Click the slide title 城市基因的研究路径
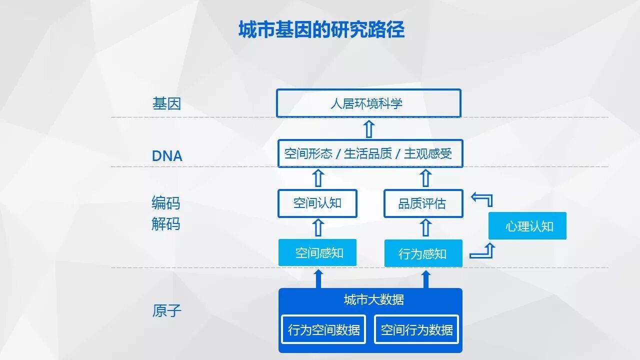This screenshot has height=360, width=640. pyautogui.click(x=321, y=30)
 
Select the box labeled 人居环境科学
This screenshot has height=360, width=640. pyautogui.click(x=368, y=103)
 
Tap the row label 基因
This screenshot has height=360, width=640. pyautogui.click(x=166, y=104)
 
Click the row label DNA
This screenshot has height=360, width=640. pyautogui.click(x=167, y=156)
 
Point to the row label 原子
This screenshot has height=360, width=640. pyautogui.click(x=166, y=311)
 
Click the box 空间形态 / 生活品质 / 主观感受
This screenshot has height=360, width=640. pyautogui.click(x=370, y=153)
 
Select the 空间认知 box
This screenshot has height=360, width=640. pyautogui.click(x=317, y=203)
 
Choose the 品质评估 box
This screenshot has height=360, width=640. pyautogui.click(x=423, y=203)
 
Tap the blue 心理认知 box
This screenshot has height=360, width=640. pyautogui.click(x=527, y=226)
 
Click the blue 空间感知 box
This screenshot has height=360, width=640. pyautogui.click(x=317, y=252)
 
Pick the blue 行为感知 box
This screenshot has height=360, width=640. pyautogui.click(x=423, y=253)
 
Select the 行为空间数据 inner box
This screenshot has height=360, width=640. pyautogui.click(x=323, y=329)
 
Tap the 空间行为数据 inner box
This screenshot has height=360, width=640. pyautogui.click(x=416, y=329)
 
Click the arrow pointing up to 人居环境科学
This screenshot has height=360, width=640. pyautogui.click(x=368, y=128)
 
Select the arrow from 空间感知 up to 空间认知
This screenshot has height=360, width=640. pyautogui.click(x=317, y=228)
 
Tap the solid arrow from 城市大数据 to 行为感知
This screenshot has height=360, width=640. pyautogui.click(x=426, y=279)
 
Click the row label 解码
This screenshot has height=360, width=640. pyautogui.click(x=165, y=223)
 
